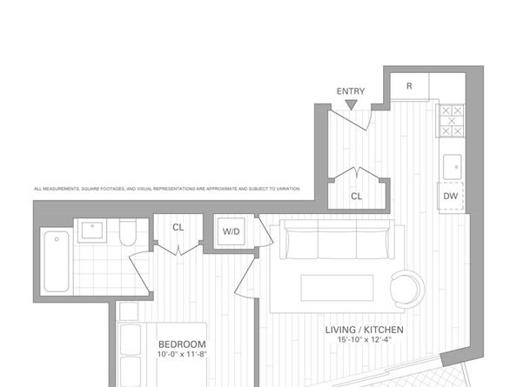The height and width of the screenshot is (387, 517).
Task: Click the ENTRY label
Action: (x=351, y=90)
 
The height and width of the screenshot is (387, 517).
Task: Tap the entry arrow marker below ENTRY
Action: (x=351, y=105)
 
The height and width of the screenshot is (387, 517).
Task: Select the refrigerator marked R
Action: (x=409, y=86)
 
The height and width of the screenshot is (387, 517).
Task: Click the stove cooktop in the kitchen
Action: (x=451, y=122)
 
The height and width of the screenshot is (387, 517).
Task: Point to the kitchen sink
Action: (x=452, y=165)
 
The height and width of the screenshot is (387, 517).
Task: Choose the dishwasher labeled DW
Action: (x=451, y=197)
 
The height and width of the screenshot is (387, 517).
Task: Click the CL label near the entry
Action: (x=357, y=197)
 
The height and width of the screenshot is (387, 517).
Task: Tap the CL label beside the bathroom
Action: (x=178, y=228)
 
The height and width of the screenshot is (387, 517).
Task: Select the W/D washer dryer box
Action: (x=232, y=231)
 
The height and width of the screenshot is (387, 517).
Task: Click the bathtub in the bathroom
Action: (x=55, y=261)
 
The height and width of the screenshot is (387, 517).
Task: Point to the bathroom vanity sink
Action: (x=91, y=231)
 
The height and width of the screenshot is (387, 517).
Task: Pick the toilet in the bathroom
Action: (x=128, y=234)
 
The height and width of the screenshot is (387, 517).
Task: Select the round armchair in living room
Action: (x=406, y=288)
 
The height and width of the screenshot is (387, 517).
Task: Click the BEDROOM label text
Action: (x=182, y=344)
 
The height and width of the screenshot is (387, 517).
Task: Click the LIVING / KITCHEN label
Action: (x=365, y=330)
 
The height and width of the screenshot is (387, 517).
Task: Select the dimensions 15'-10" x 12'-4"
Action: (x=365, y=342)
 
